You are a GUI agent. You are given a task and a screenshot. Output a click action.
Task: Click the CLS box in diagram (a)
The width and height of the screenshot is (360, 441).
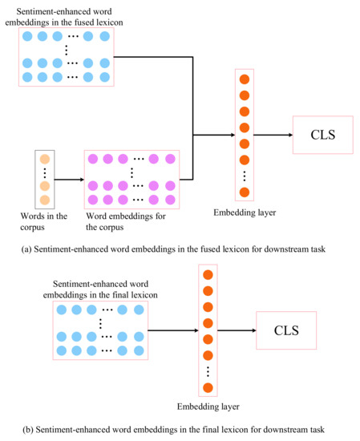point(322,136)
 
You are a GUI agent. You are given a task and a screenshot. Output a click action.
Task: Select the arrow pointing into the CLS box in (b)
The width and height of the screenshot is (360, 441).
point(237,330)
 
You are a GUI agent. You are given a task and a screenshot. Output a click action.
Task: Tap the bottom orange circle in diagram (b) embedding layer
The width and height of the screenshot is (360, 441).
point(208,388)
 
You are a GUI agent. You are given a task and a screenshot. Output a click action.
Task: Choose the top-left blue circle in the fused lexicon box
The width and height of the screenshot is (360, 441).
point(28,37)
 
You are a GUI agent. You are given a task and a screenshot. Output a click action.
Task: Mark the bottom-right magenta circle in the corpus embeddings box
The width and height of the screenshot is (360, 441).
point(169,199)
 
